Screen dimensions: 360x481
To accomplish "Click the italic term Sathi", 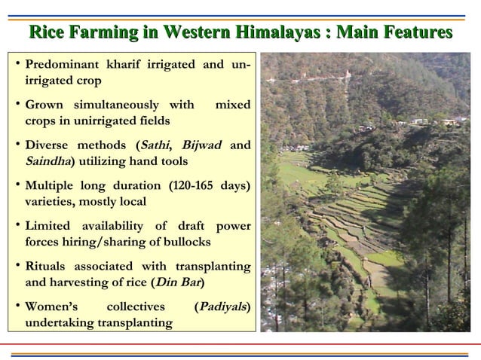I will point(151,146).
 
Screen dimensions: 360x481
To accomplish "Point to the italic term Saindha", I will point(45,160).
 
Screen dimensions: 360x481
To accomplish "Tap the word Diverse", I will point(47,146).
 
